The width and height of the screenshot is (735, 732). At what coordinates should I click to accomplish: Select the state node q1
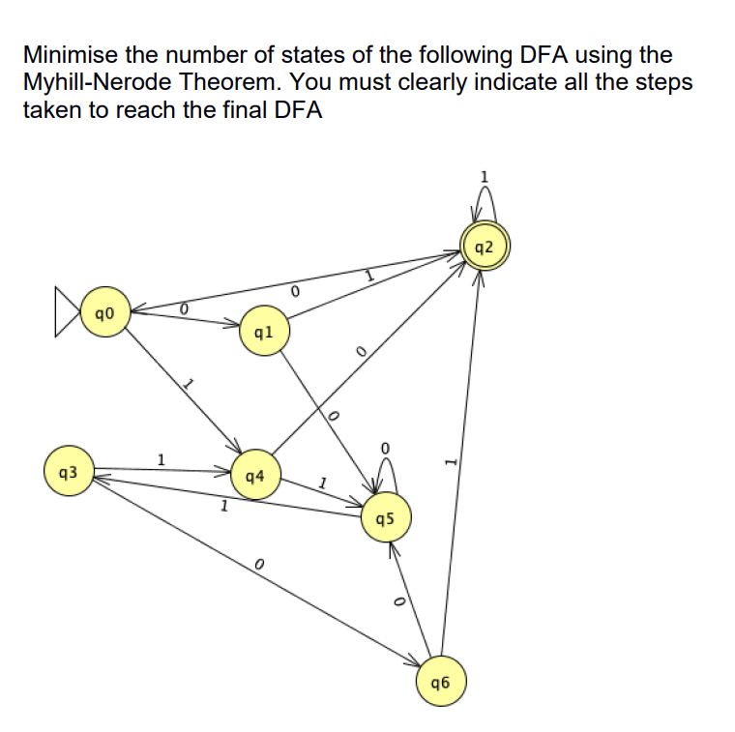click(x=263, y=331)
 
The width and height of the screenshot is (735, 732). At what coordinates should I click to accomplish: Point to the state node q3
click(x=69, y=473)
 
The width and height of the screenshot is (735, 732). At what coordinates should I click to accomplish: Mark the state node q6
click(x=442, y=683)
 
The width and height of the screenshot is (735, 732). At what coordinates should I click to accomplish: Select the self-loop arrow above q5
click(x=387, y=475)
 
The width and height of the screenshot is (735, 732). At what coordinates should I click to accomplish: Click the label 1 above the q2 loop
click(x=485, y=176)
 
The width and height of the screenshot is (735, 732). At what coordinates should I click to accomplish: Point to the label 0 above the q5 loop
click(x=385, y=449)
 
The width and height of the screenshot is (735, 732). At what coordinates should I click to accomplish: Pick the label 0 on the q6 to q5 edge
click(x=397, y=601)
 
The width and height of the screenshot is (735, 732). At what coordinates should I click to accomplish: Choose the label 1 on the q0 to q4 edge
click(x=190, y=385)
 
